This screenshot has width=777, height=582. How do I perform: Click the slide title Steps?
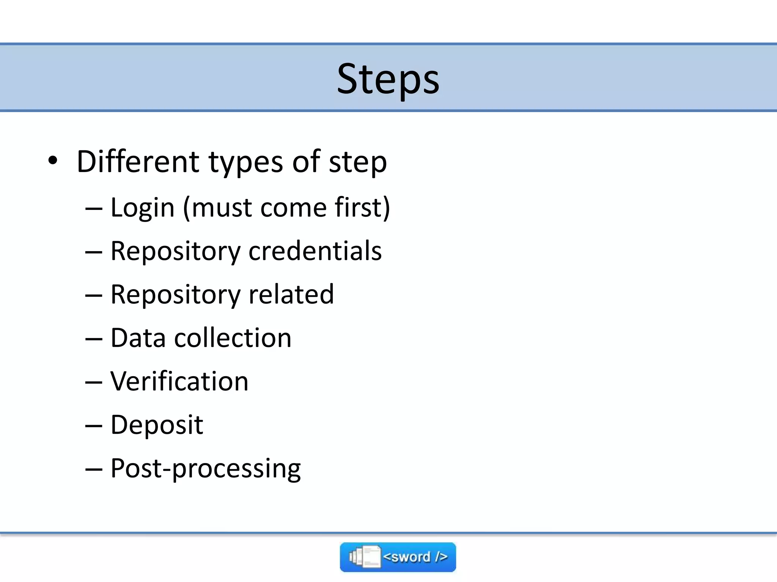[x=388, y=79]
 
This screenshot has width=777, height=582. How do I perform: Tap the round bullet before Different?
[x=53, y=161]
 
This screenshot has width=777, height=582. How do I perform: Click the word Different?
[x=138, y=161]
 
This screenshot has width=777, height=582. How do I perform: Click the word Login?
[x=142, y=208]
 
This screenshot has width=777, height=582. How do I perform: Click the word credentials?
[x=315, y=251]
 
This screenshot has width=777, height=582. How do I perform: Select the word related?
[x=291, y=294]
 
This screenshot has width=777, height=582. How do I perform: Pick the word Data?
[x=138, y=338]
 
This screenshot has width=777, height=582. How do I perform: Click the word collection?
[x=233, y=338]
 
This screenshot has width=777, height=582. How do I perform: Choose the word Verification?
[x=179, y=381]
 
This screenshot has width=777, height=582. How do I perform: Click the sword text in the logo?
[x=415, y=557]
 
